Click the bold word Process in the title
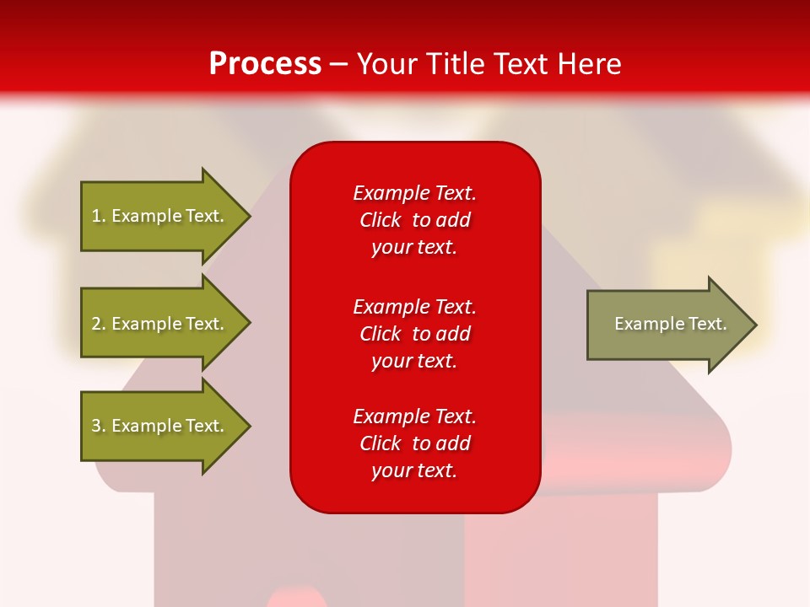click(265, 63)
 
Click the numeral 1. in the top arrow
click(99, 216)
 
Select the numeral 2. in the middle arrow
click(99, 324)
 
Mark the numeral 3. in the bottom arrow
click(99, 426)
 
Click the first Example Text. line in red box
click(414, 193)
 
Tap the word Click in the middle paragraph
click(381, 334)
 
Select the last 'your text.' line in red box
click(414, 470)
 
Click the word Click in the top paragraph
click(381, 220)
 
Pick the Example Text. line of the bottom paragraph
click(414, 416)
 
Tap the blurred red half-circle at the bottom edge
click(296, 598)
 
